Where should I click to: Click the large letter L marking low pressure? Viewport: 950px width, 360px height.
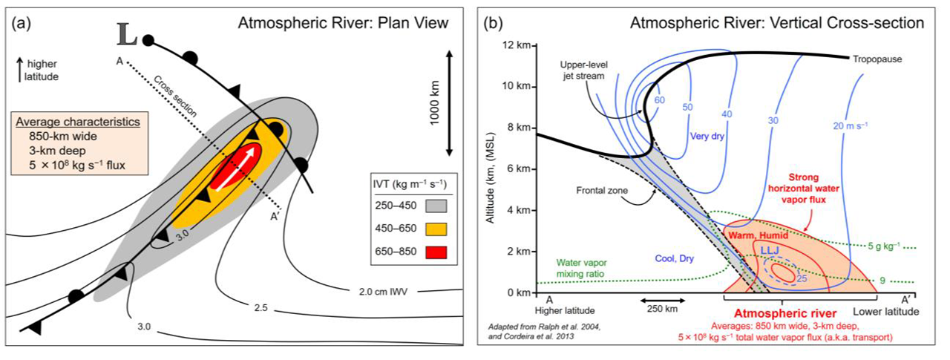click(x=127, y=34)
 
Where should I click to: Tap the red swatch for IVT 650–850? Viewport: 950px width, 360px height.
click(x=436, y=252)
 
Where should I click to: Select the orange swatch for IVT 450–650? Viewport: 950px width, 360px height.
click(x=436, y=229)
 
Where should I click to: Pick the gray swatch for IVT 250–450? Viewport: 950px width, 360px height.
click(x=436, y=206)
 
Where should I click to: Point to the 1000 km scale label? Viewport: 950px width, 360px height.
click(x=435, y=103)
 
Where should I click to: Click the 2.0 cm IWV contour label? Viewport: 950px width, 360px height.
click(x=383, y=292)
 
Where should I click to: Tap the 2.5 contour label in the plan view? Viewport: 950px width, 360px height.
click(x=261, y=308)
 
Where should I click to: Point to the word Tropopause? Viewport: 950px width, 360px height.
click(x=877, y=59)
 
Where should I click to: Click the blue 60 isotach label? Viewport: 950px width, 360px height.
click(x=660, y=100)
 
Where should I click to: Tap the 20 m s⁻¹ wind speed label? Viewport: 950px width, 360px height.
click(x=851, y=125)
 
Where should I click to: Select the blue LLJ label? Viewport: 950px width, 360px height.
click(x=770, y=251)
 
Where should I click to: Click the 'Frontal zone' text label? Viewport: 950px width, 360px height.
click(x=602, y=190)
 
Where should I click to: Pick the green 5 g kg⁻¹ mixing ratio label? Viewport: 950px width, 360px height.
click(x=883, y=246)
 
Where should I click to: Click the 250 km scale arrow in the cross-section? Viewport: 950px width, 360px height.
click(x=662, y=301)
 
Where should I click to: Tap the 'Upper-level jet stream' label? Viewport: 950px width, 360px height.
click(x=583, y=71)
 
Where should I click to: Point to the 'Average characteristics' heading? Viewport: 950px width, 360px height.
click(x=78, y=122)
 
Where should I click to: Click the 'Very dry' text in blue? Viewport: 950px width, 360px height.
click(x=707, y=136)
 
